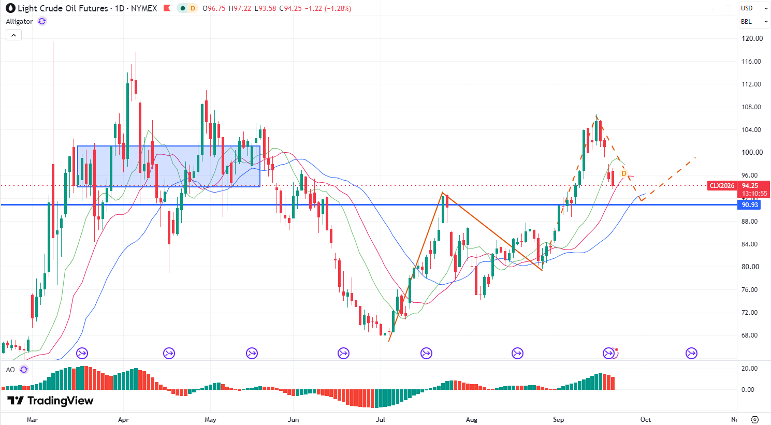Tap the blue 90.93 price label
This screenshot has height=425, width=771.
749,205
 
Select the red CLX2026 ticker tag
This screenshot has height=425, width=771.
722,186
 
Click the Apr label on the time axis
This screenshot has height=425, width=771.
123,420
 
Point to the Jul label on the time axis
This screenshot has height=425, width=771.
380,420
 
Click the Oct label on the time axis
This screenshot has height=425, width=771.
645,420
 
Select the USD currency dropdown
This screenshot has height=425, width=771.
754,8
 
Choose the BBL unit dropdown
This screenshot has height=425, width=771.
754,22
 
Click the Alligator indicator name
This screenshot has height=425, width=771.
19,21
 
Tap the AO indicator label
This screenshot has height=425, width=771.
10,370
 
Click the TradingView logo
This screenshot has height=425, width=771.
50,401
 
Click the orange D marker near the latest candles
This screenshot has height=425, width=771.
623,173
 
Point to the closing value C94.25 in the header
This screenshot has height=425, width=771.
290,8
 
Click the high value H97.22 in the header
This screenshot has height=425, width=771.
240,8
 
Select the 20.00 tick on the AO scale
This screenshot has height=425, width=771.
749,369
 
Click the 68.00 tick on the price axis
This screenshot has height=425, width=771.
749,335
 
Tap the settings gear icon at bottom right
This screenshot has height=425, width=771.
754,420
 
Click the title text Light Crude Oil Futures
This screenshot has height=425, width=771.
63,8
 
